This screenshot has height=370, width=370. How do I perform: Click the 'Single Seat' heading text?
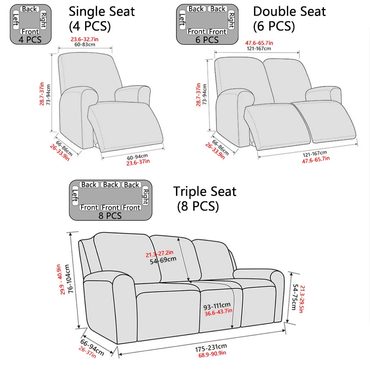(102, 11)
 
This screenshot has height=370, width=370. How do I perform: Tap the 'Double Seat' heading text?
(289, 11)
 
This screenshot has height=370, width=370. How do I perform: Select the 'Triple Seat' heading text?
(204, 192)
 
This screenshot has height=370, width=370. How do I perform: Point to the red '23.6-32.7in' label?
(84, 39)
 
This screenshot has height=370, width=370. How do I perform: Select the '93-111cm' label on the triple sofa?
(217, 306)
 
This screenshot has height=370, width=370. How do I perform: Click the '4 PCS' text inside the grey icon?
(30, 40)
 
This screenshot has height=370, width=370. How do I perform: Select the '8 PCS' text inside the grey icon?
(110, 215)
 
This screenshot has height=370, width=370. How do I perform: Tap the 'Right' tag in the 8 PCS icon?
(145, 196)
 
